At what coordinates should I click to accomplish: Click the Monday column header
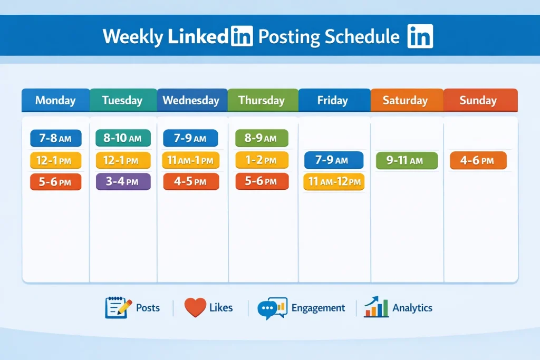pyautogui.click(x=55, y=100)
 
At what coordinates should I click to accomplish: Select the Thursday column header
pyautogui.click(x=263, y=100)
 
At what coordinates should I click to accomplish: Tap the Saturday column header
pyautogui.click(x=407, y=100)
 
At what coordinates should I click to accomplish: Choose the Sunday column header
pyautogui.click(x=480, y=100)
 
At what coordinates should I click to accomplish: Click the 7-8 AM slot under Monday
pyautogui.click(x=56, y=138)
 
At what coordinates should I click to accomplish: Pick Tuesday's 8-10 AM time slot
pyautogui.click(x=123, y=138)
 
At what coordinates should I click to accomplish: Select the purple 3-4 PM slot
pyautogui.click(x=123, y=181)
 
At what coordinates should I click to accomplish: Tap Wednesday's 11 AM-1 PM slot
pyautogui.click(x=190, y=160)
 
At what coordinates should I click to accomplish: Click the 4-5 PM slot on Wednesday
pyautogui.click(x=191, y=181)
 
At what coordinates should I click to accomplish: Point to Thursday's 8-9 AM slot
pyautogui.click(x=262, y=138)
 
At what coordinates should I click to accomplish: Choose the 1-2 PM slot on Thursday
pyautogui.click(x=262, y=160)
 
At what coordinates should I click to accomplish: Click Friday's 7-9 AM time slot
pyautogui.click(x=333, y=160)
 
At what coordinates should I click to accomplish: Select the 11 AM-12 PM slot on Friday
pyautogui.click(x=334, y=181)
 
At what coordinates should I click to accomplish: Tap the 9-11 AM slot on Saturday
pyautogui.click(x=407, y=160)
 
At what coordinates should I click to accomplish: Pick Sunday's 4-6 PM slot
pyautogui.click(x=478, y=160)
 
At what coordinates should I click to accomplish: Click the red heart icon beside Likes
pyautogui.click(x=195, y=307)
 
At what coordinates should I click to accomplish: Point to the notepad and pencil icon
pyautogui.click(x=118, y=307)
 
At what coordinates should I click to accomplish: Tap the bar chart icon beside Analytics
pyautogui.click(x=376, y=307)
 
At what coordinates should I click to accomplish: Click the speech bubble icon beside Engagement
pyautogui.click(x=272, y=308)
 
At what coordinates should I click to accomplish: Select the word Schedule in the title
pyautogui.click(x=362, y=36)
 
